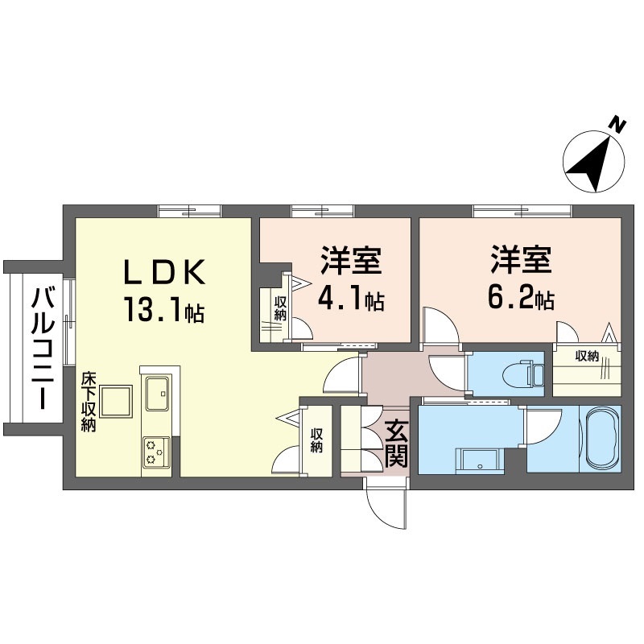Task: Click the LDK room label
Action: tap(165, 271)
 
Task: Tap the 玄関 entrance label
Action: tap(396, 445)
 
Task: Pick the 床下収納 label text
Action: tap(89, 402)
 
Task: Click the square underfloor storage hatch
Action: tap(116, 401)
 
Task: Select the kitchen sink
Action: tap(158, 394)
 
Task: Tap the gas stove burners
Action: tap(156, 452)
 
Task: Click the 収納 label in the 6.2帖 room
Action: tap(588, 357)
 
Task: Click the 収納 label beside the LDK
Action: tap(316, 440)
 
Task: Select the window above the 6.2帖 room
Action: tap(522, 211)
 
